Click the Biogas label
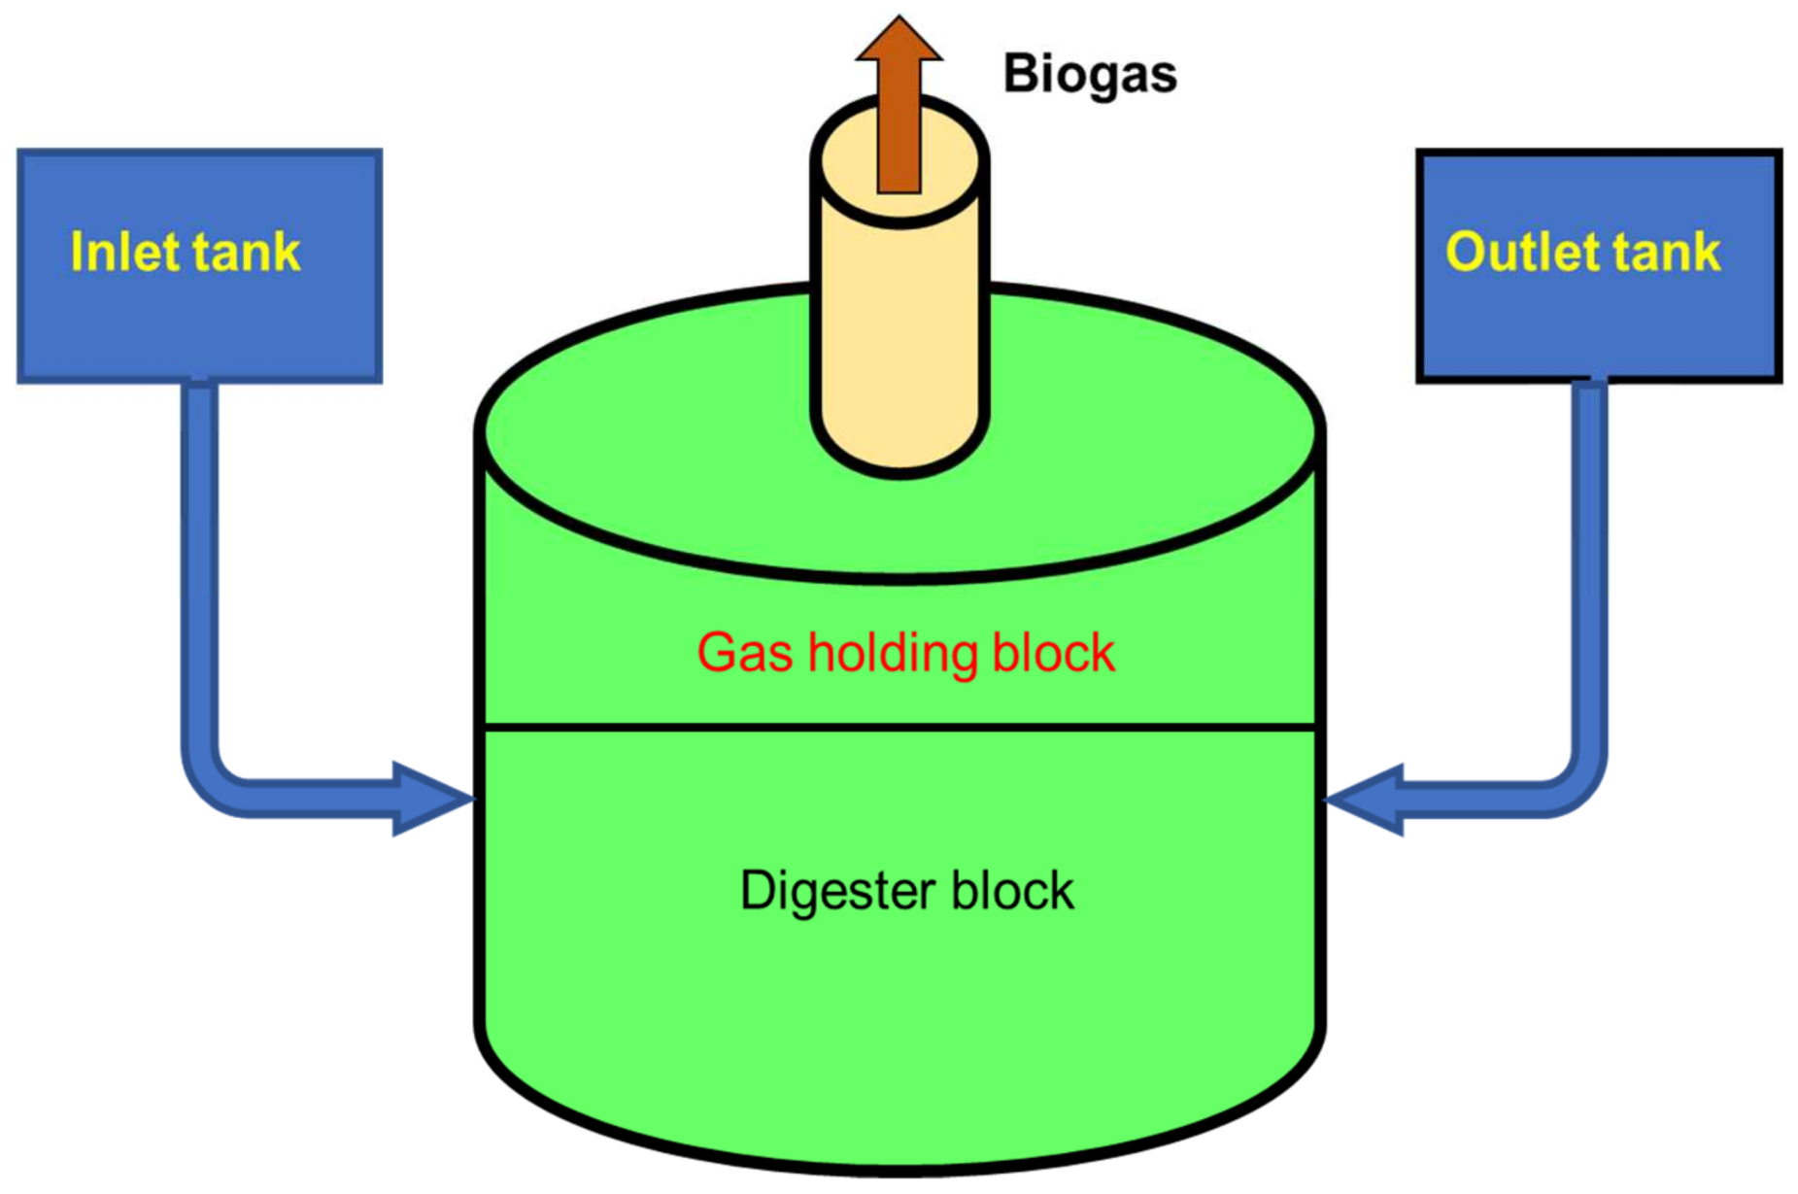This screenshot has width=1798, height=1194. click(1089, 75)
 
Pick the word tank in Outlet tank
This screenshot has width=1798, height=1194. click(1668, 252)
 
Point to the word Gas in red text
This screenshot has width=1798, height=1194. click(744, 652)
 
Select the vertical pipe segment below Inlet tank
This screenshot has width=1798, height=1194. click(199, 563)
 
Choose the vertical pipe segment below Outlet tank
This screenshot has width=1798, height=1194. click(1589, 563)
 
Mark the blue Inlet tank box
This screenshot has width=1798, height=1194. click(199, 321)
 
